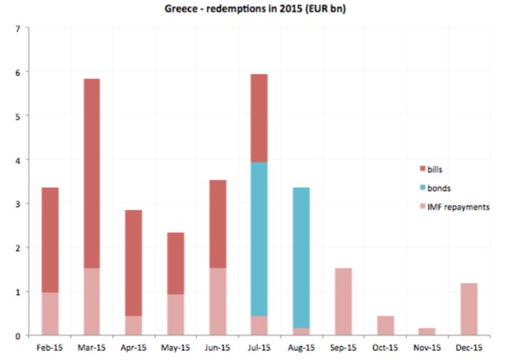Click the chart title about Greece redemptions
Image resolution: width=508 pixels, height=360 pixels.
254,9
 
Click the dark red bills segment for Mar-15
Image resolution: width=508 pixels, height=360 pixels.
91,173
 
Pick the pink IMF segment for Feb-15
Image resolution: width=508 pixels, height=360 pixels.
49,313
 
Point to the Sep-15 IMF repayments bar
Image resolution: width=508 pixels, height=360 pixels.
343,302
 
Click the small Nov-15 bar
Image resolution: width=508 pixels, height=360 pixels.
427,331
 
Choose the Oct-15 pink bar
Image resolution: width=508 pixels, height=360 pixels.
385,325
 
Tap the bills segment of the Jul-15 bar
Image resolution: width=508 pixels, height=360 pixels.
259,118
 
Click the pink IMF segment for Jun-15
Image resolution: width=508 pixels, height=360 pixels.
217,302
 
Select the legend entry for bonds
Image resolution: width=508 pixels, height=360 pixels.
435,187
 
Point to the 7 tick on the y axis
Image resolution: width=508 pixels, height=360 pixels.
18,28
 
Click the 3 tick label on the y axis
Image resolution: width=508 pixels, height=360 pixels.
18,203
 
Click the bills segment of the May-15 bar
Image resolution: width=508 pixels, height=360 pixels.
175,263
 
